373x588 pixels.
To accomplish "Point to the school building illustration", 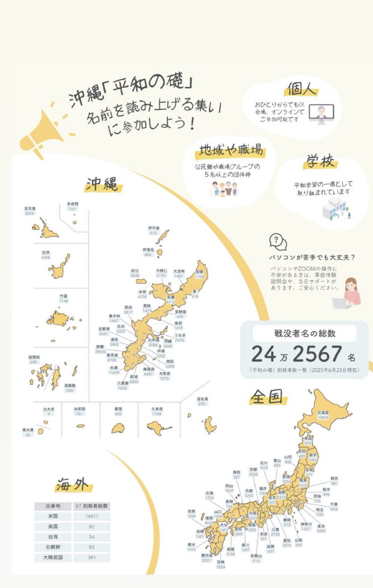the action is point(333,208).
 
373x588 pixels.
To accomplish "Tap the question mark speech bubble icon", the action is point(278,242).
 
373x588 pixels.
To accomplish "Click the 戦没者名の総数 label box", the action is point(304,334).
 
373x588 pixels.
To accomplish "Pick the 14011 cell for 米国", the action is point(92,516).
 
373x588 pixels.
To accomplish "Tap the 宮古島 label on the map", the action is point(29,211).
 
